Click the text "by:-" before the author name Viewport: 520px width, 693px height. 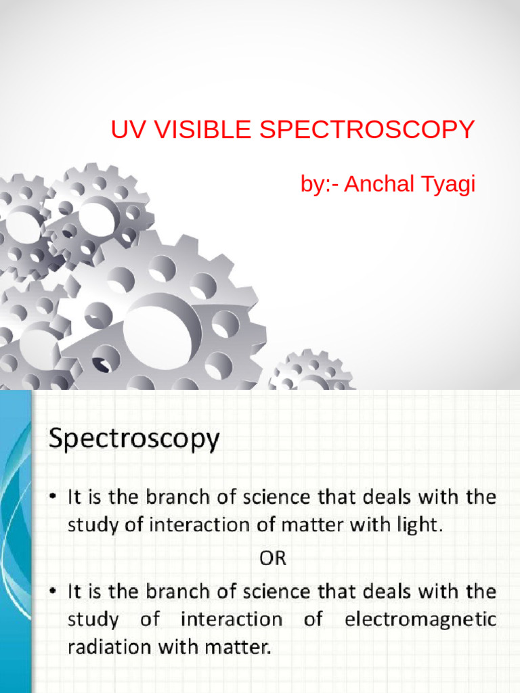tap(320, 184)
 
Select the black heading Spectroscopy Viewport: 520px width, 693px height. tap(133, 440)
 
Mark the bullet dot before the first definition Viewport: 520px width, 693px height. tap(53, 499)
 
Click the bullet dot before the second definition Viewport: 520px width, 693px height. tap(53, 592)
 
